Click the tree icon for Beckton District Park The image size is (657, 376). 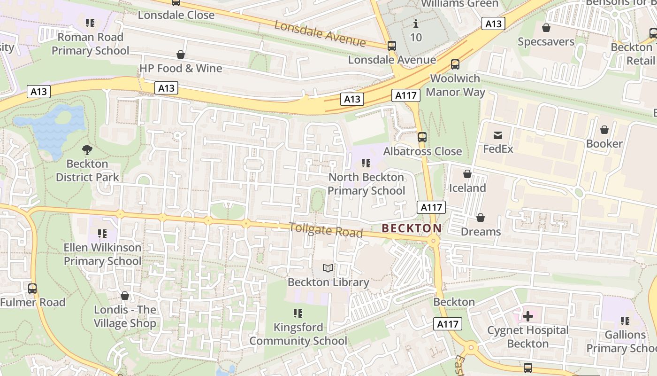87,150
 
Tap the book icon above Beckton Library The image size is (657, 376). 328,268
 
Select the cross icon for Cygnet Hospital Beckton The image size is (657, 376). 528,316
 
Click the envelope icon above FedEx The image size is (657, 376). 498,135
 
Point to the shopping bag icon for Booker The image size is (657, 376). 604,130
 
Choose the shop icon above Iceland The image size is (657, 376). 467,174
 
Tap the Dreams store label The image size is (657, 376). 481,232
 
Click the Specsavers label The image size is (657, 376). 546,42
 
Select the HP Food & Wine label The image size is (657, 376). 181,69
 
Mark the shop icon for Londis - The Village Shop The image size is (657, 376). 124,296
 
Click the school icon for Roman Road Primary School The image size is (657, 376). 90,23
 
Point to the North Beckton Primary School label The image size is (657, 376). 366,184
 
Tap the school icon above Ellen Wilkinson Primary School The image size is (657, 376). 102,233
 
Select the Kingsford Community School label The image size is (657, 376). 298,334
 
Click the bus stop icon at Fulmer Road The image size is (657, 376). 32,288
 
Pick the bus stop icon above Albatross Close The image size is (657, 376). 422,137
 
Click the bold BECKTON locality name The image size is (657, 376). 412,228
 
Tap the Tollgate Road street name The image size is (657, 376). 326,230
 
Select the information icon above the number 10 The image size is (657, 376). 416,23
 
